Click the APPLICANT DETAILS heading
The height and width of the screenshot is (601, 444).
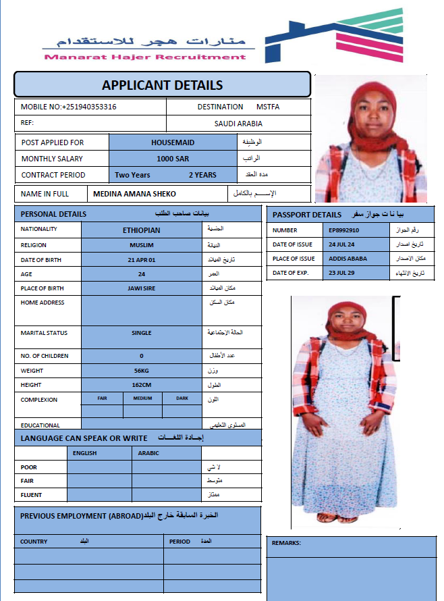click(162, 85)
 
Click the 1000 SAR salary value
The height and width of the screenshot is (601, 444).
click(173, 159)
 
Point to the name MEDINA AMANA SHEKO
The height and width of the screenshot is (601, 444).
click(134, 194)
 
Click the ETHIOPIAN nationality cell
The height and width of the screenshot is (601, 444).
click(142, 230)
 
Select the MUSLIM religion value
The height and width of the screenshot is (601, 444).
click(142, 245)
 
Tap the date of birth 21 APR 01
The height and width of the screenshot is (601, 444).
click(142, 260)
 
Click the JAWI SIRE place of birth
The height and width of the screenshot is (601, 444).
click(142, 288)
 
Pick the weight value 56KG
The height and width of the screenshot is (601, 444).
click(142, 371)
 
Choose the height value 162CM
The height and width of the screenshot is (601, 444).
click(142, 385)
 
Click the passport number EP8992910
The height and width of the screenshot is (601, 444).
click(344, 230)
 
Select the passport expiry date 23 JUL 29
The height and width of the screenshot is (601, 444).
click(341, 273)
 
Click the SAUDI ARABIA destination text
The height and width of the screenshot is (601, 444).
click(238, 124)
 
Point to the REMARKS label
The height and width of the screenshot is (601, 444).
click(286, 543)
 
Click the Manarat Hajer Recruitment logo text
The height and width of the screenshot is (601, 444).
click(145, 57)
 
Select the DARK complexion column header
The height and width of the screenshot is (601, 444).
click(182, 398)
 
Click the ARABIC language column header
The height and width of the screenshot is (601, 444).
click(148, 453)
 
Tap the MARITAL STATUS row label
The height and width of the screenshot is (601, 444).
click(43, 333)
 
